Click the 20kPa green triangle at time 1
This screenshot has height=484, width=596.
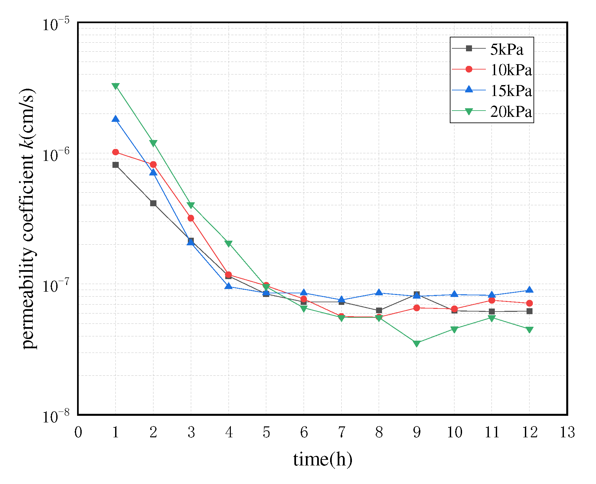coord(115,86)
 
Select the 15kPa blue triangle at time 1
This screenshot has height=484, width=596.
coord(115,119)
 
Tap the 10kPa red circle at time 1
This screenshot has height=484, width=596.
coord(115,152)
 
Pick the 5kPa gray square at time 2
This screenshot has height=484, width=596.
coord(153,203)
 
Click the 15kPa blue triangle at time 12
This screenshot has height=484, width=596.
coord(529,290)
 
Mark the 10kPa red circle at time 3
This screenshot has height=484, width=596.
coord(191,218)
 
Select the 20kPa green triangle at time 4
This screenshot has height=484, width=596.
coord(229,244)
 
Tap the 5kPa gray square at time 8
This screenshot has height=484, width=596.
coord(379,311)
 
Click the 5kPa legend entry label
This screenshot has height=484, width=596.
coord(506,50)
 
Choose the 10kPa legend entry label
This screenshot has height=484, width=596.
coord(511,70)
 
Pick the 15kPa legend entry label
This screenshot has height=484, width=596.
coord(511,91)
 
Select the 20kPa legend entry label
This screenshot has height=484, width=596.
coord(511,112)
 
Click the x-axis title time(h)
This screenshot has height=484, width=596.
coord(322,460)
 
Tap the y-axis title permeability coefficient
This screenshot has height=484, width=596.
coord(28,218)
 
